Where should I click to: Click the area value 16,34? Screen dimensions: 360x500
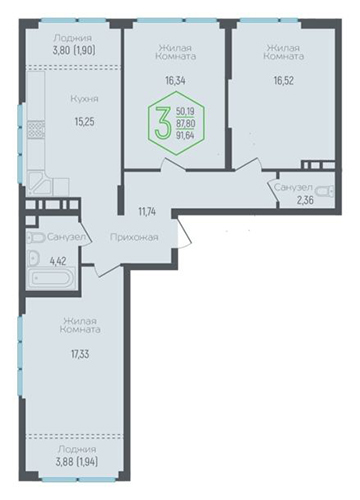point(175,80)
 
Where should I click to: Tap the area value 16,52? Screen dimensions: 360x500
point(284,80)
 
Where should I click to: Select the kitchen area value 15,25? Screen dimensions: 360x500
point(84,122)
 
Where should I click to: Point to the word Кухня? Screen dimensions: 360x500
point(84,99)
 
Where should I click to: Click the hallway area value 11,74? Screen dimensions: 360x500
point(147,211)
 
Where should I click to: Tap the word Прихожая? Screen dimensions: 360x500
point(134,237)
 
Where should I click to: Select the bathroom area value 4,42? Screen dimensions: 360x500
point(58,261)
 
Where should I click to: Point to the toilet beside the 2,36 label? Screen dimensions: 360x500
point(325,192)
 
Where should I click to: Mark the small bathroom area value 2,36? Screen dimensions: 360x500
point(305,201)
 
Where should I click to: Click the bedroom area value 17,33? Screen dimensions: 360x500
point(80,354)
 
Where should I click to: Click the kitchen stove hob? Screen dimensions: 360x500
point(36,130)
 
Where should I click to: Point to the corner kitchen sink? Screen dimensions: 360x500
point(39,183)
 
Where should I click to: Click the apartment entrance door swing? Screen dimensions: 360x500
point(184,231)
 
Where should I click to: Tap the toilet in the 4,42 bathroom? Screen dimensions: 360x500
point(36,238)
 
